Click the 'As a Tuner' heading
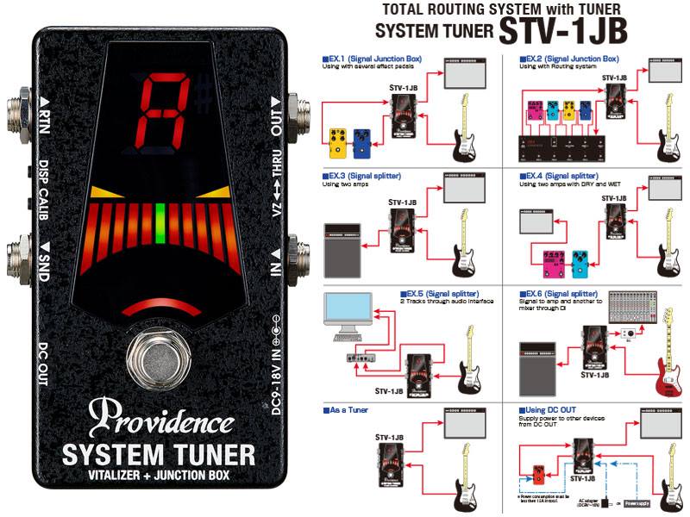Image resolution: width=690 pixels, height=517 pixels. [x=348, y=410]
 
